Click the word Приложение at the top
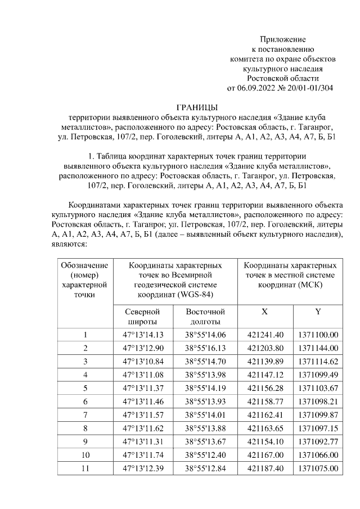click(282, 39)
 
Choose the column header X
click(264, 312)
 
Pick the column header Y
click(318, 312)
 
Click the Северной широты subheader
click(142, 316)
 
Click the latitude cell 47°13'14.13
click(142, 335)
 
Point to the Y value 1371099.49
click(318, 374)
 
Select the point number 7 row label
click(85, 415)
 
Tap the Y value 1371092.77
click(318, 441)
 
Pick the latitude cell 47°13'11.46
click(142, 401)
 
